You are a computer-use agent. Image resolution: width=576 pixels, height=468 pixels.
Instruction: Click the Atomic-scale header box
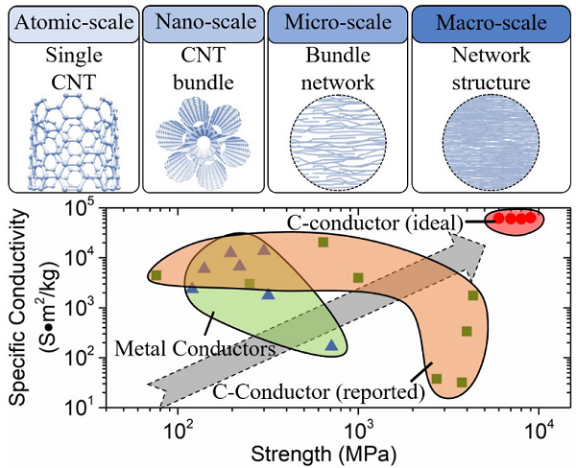71,18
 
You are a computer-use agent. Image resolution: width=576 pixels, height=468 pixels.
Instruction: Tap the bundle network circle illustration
339,145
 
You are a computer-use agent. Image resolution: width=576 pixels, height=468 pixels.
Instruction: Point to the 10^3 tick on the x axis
358,425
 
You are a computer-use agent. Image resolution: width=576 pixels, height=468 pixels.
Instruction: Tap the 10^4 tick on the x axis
539,425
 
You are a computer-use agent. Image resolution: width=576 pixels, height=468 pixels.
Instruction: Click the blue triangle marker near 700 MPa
331,344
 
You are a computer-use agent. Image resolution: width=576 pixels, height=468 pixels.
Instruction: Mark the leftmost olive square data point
156,275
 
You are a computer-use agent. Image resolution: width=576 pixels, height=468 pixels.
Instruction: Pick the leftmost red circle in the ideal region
499,218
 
